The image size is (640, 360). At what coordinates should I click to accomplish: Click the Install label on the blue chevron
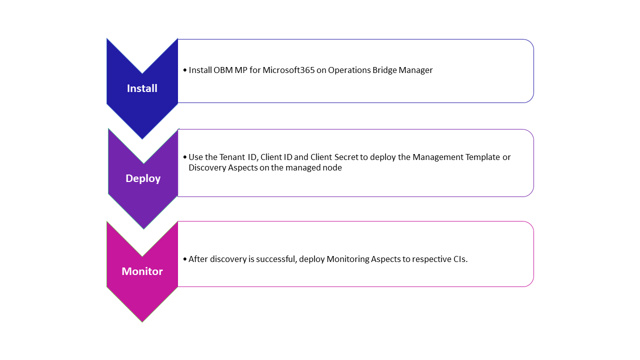(x=142, y=88)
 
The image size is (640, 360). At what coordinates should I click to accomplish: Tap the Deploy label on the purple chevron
(x=143, y=178)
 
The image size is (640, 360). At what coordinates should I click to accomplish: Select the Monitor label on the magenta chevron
(x=142, y=271)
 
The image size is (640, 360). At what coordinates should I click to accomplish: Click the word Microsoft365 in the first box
(x=288, y=70)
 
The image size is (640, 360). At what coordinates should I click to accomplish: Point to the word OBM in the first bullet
(x=223, y=70)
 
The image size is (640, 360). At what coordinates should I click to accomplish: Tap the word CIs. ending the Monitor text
(x=460, y=259)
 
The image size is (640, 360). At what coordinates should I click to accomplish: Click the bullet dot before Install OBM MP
(x=185, y=70)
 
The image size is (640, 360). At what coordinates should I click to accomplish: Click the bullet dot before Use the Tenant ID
(x=185, y=157)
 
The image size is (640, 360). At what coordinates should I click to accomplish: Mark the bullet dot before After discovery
(x=185, y=259)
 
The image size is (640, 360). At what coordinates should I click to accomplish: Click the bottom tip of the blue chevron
(x=142, y=139)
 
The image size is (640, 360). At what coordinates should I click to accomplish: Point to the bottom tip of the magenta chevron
(x=142, y=322)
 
